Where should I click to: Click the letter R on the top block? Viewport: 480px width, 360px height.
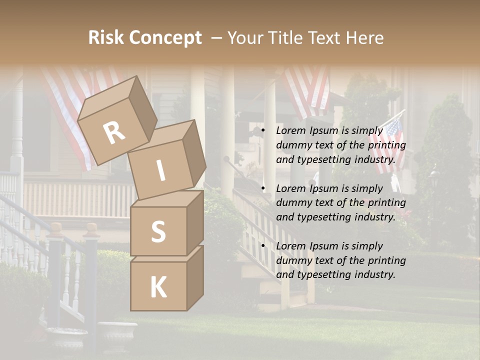tap(114, 133)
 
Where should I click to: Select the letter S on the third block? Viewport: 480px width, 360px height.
tap(158, 231)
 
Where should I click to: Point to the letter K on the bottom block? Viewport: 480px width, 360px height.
tap(158, 287)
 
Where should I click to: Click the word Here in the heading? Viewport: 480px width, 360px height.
tap(365, 38)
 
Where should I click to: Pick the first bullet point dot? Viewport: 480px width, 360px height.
tap(263, 131)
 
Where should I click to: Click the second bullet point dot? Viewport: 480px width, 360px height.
tap(263, 188)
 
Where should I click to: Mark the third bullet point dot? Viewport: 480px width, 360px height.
tap(263, 246)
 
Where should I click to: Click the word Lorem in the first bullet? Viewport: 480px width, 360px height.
tap(290, 130)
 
